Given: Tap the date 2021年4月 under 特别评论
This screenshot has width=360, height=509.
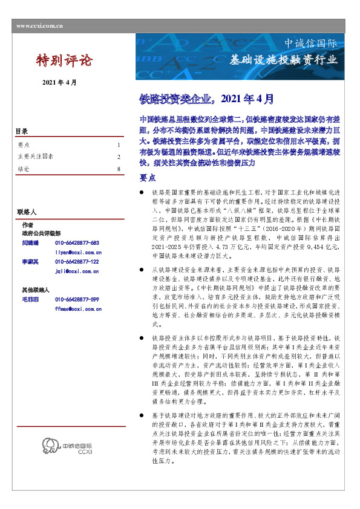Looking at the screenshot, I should [x=59, y=82].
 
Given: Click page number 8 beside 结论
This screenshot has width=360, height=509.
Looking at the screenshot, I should [x=119, y=169].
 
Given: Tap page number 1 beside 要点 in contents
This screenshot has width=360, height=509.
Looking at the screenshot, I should [x=119, y=145].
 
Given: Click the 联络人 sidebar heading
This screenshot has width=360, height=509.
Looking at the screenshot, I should [x=27, y=213].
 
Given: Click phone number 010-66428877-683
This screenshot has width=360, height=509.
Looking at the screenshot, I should [x=77, y=242].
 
